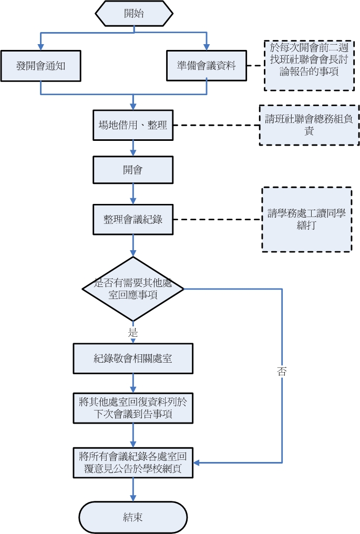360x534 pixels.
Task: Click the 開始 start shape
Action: coord(134,14)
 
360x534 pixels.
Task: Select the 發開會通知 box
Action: coord(40,66)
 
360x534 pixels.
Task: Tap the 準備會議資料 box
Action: coord(206,66)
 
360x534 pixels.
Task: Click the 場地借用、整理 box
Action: coord(133,125)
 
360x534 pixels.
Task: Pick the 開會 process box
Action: coord(133,170)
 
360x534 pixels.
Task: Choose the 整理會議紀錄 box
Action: coord(133,219)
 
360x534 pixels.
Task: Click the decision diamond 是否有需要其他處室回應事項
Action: coord(133,289)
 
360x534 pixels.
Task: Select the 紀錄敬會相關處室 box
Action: coord(133,358)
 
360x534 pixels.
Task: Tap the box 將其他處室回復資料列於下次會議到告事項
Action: coord(133,408)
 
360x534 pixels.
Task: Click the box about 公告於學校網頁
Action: coord(133,463)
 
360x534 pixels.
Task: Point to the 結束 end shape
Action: coord(133,517)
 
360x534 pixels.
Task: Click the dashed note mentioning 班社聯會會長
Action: coord(305,66)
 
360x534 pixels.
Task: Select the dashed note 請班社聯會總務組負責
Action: coord(309,125)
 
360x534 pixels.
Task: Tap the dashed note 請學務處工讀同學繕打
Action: coord(306,219)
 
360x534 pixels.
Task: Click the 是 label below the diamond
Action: coord(133,333)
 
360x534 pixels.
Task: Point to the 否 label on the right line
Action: coord(282,371)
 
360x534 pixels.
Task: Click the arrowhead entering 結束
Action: coord(133,498)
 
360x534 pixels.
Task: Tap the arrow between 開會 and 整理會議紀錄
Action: coord(133,193)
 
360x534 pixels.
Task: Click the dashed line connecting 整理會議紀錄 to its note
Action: coord(217,219)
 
